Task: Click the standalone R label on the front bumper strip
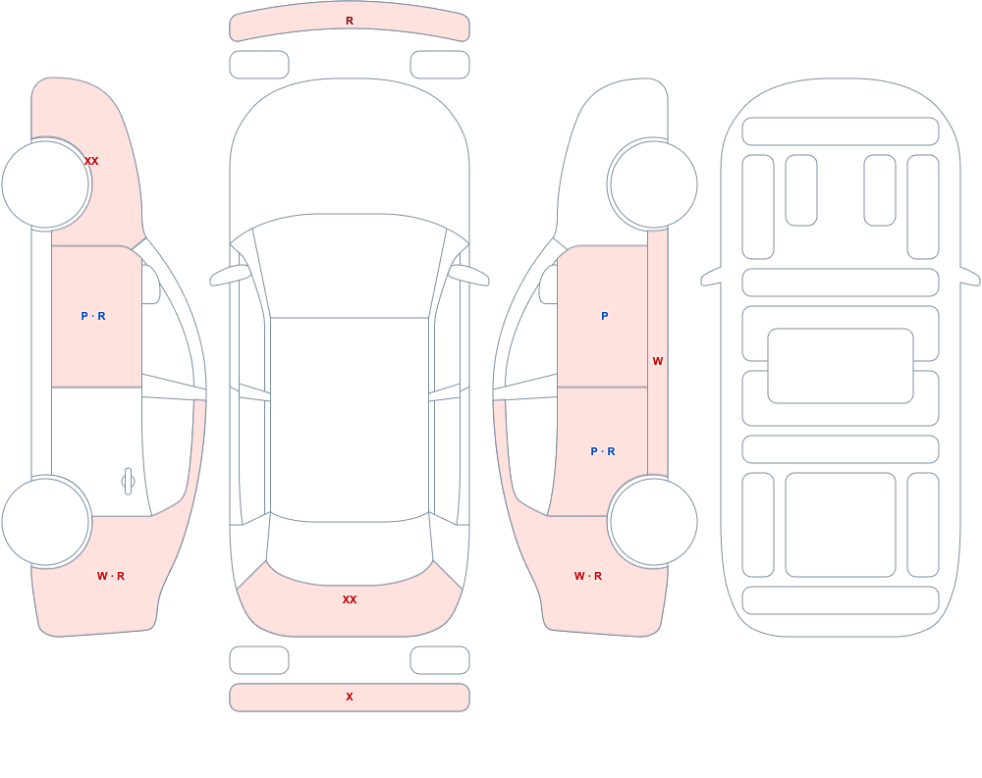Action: click(x=350, y=21)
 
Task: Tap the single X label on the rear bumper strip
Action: click(x=350, y=697)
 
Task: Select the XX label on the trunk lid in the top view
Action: click(x=350, y=599)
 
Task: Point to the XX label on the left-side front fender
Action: click(x=91, y=161)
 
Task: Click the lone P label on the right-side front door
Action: click(x=604, y=316)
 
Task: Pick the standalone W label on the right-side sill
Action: click(x=658, y=361)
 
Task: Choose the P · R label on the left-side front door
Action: click(x=93, y=316)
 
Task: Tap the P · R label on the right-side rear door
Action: click(x=603, y=451)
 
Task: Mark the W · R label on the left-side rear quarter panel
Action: click(x=111, y=576)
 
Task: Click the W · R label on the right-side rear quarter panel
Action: click(x=588, y=576)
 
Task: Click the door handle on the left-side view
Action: click(x=129, y=482)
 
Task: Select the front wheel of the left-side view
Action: click(x=46, y=184)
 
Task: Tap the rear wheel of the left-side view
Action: click(x=46, y=521)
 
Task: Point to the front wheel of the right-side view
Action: click(x=653, y=184)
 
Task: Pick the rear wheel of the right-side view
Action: click(x=653, y=521)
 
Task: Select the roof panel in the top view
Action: click(x=350, y=419)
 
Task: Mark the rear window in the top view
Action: click(x=350, y=549)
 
